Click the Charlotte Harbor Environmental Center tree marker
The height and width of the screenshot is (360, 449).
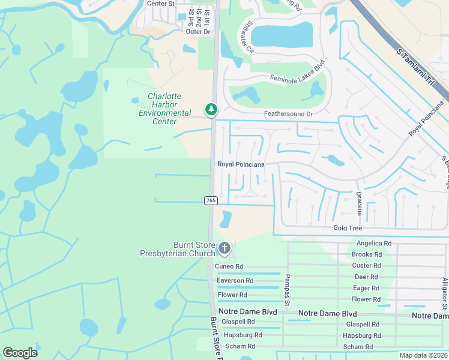[211, 109]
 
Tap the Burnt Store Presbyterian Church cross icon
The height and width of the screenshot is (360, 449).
[224, 247]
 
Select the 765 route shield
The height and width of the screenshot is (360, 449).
[211, 200]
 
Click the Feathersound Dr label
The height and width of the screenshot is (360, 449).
[289, 114]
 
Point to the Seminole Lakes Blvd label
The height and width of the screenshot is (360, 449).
[297, 70]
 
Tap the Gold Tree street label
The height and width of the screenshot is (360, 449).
[348, 229]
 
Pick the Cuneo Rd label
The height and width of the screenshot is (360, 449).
[230, 266]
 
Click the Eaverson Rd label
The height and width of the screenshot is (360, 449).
[235, 281]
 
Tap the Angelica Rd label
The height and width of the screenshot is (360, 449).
[373, 244]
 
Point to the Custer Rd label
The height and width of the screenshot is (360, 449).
[366, 266]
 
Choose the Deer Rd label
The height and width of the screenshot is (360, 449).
[366, 277]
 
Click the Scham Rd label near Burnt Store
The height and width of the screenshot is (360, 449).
[240, 346]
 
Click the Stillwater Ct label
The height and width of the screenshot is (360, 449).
[247, 37]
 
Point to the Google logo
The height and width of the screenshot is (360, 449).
[20, 353]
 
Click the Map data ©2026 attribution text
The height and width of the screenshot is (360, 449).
[423, 355]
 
